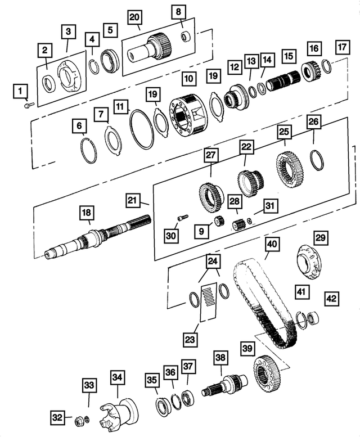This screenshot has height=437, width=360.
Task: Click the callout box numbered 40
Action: point(272,245)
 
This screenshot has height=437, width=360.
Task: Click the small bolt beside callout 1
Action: point(29,103)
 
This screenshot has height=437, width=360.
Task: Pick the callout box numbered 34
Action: point(118,377)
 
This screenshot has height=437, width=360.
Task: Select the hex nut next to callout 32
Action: point(79,418)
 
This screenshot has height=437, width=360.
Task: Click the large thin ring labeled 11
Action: point(142,129)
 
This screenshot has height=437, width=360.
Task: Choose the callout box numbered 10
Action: point(189,76)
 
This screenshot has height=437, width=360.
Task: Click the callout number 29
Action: point(320,238)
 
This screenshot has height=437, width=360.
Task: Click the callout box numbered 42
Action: point(331,299)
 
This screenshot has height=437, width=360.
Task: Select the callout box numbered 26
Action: point(313,122)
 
